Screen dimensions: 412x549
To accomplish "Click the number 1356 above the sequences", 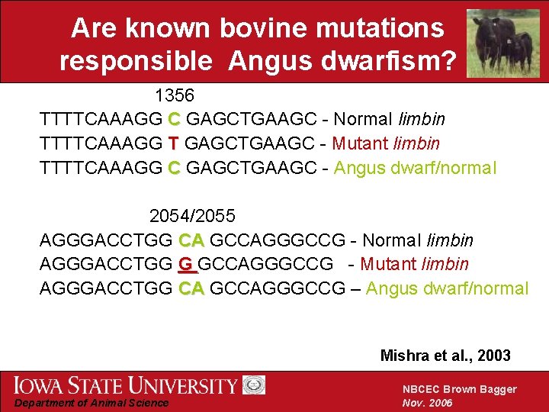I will pyautogui.click(x=175, y=96).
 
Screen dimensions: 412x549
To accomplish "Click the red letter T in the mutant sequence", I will pyautogui.click(x=174, y=143).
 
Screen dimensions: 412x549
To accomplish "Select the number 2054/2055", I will pyautogui.click(x=192, y=216).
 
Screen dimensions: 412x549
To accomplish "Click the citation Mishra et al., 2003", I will pyautogui.click(x=445, y=356).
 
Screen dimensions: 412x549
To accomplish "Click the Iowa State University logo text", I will pyautogui.click(x=126, y=385).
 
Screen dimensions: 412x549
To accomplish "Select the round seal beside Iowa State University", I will pyautogui.click(x=254, y=385).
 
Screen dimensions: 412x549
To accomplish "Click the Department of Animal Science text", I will pyautogui.click(x=92, y=403).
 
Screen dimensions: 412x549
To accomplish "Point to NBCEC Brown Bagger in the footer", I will pyautogui.click(x=459, y=389).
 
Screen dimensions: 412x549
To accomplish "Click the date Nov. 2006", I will pyautogui.click(x=428, y=403).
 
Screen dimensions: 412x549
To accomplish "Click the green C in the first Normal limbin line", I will pyautogui.click(x=174, y=120).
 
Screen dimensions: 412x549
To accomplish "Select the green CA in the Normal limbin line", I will pyautogui.click(x=191, y=241).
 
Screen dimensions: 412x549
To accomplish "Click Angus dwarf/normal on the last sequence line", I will pyautogui.click(x=447, y=288).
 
